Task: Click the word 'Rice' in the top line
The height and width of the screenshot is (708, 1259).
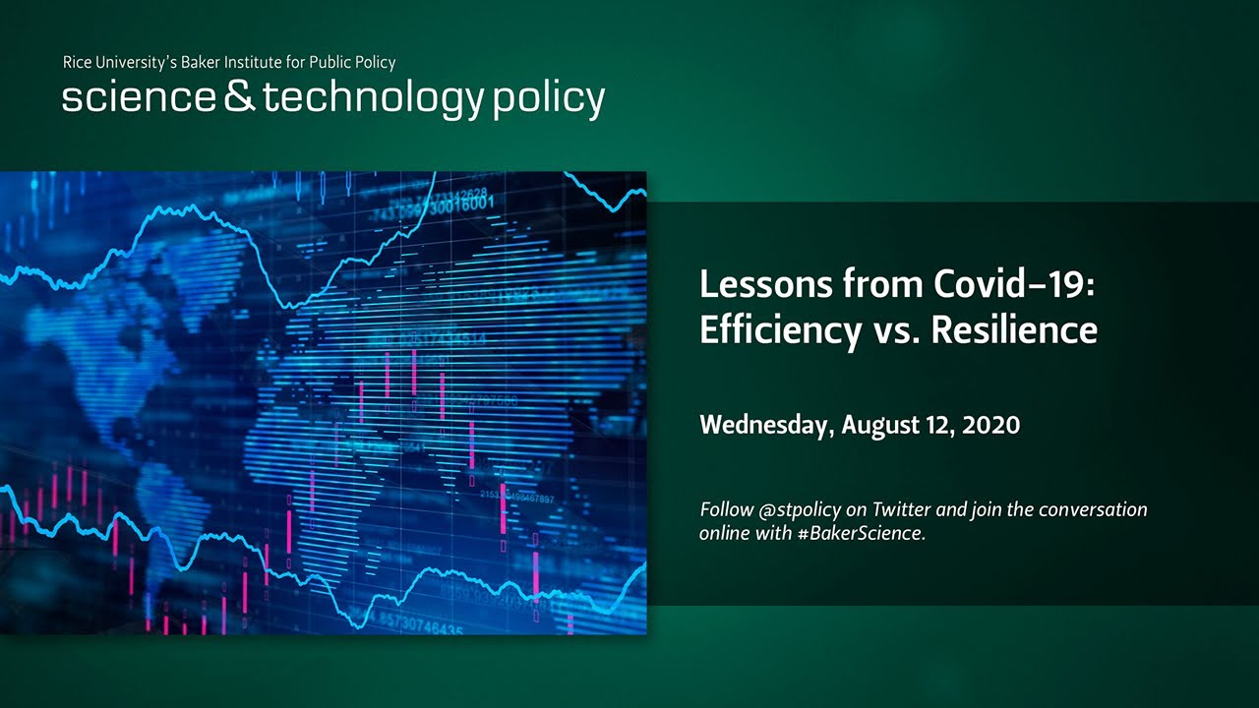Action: click(79, 63)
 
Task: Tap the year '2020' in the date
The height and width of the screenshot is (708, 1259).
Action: click(991, 425)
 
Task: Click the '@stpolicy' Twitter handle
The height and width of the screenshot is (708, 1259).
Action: click(796, 510)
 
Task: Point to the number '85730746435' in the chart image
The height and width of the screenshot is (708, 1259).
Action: click(417, 627)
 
